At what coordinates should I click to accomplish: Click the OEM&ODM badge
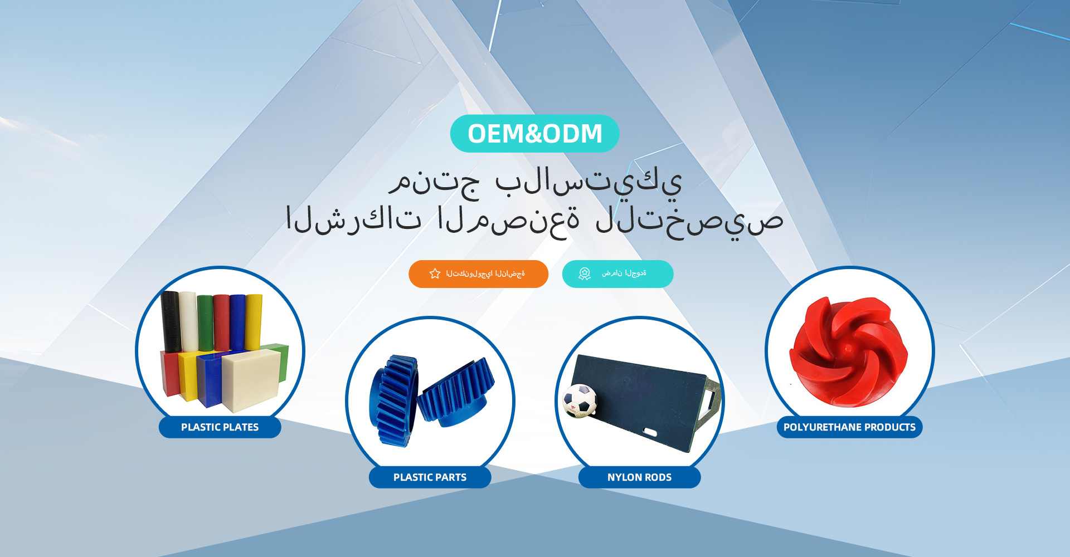click(534, 134)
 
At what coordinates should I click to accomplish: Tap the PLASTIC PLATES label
click(220, 427)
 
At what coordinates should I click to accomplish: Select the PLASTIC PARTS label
click(430, 477)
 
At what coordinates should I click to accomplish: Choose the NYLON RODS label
click(639, 477)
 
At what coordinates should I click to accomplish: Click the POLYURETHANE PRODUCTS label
click(849, 427)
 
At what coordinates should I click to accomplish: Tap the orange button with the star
click(478, 274)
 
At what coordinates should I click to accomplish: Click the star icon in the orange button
click(435, 273)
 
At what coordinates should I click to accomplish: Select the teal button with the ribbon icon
click(617, 274)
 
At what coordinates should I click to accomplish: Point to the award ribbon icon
click(585, 273)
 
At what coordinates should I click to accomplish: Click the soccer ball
click(580, 400)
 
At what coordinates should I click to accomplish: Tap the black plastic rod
click(170, 322)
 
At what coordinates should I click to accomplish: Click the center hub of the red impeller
click(848, 349)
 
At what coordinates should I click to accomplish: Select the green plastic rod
click(205, 324)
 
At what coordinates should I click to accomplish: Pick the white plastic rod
click(188, 321)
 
